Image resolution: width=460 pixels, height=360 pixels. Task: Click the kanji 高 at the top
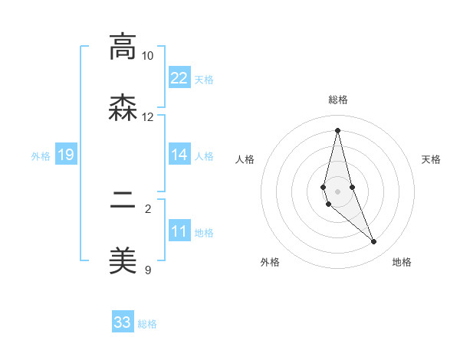pos(122,47)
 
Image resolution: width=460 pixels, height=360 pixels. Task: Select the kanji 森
pos(122,108)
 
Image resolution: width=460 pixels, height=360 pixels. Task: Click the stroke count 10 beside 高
pos(147,56)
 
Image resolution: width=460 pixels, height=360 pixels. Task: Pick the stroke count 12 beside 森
pos(147,117)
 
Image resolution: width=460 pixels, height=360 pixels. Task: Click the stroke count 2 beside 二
pos(147,208)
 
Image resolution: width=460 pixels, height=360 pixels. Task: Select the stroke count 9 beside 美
pos(147,270)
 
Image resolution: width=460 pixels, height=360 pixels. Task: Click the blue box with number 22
pos(179,78)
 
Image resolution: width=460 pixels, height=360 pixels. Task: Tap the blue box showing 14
pos(179,155)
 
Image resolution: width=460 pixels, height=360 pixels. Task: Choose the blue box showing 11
pos(179,231)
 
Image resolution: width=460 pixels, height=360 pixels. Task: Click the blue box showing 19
pos(66,155)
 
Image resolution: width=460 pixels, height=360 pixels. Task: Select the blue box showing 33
pos(123,322)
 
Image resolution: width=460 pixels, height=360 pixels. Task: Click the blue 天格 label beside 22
pos(204,80)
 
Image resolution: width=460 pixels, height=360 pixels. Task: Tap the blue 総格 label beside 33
pos(147,324)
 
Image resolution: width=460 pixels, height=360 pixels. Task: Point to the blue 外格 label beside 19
pos(41,156)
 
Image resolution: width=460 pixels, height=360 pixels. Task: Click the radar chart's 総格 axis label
pos(337,100)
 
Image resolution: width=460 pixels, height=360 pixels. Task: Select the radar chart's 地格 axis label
pos(402,262)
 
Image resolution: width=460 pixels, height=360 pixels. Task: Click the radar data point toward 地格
pos(374,242)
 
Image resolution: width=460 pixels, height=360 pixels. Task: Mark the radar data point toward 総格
pos(337,129)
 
